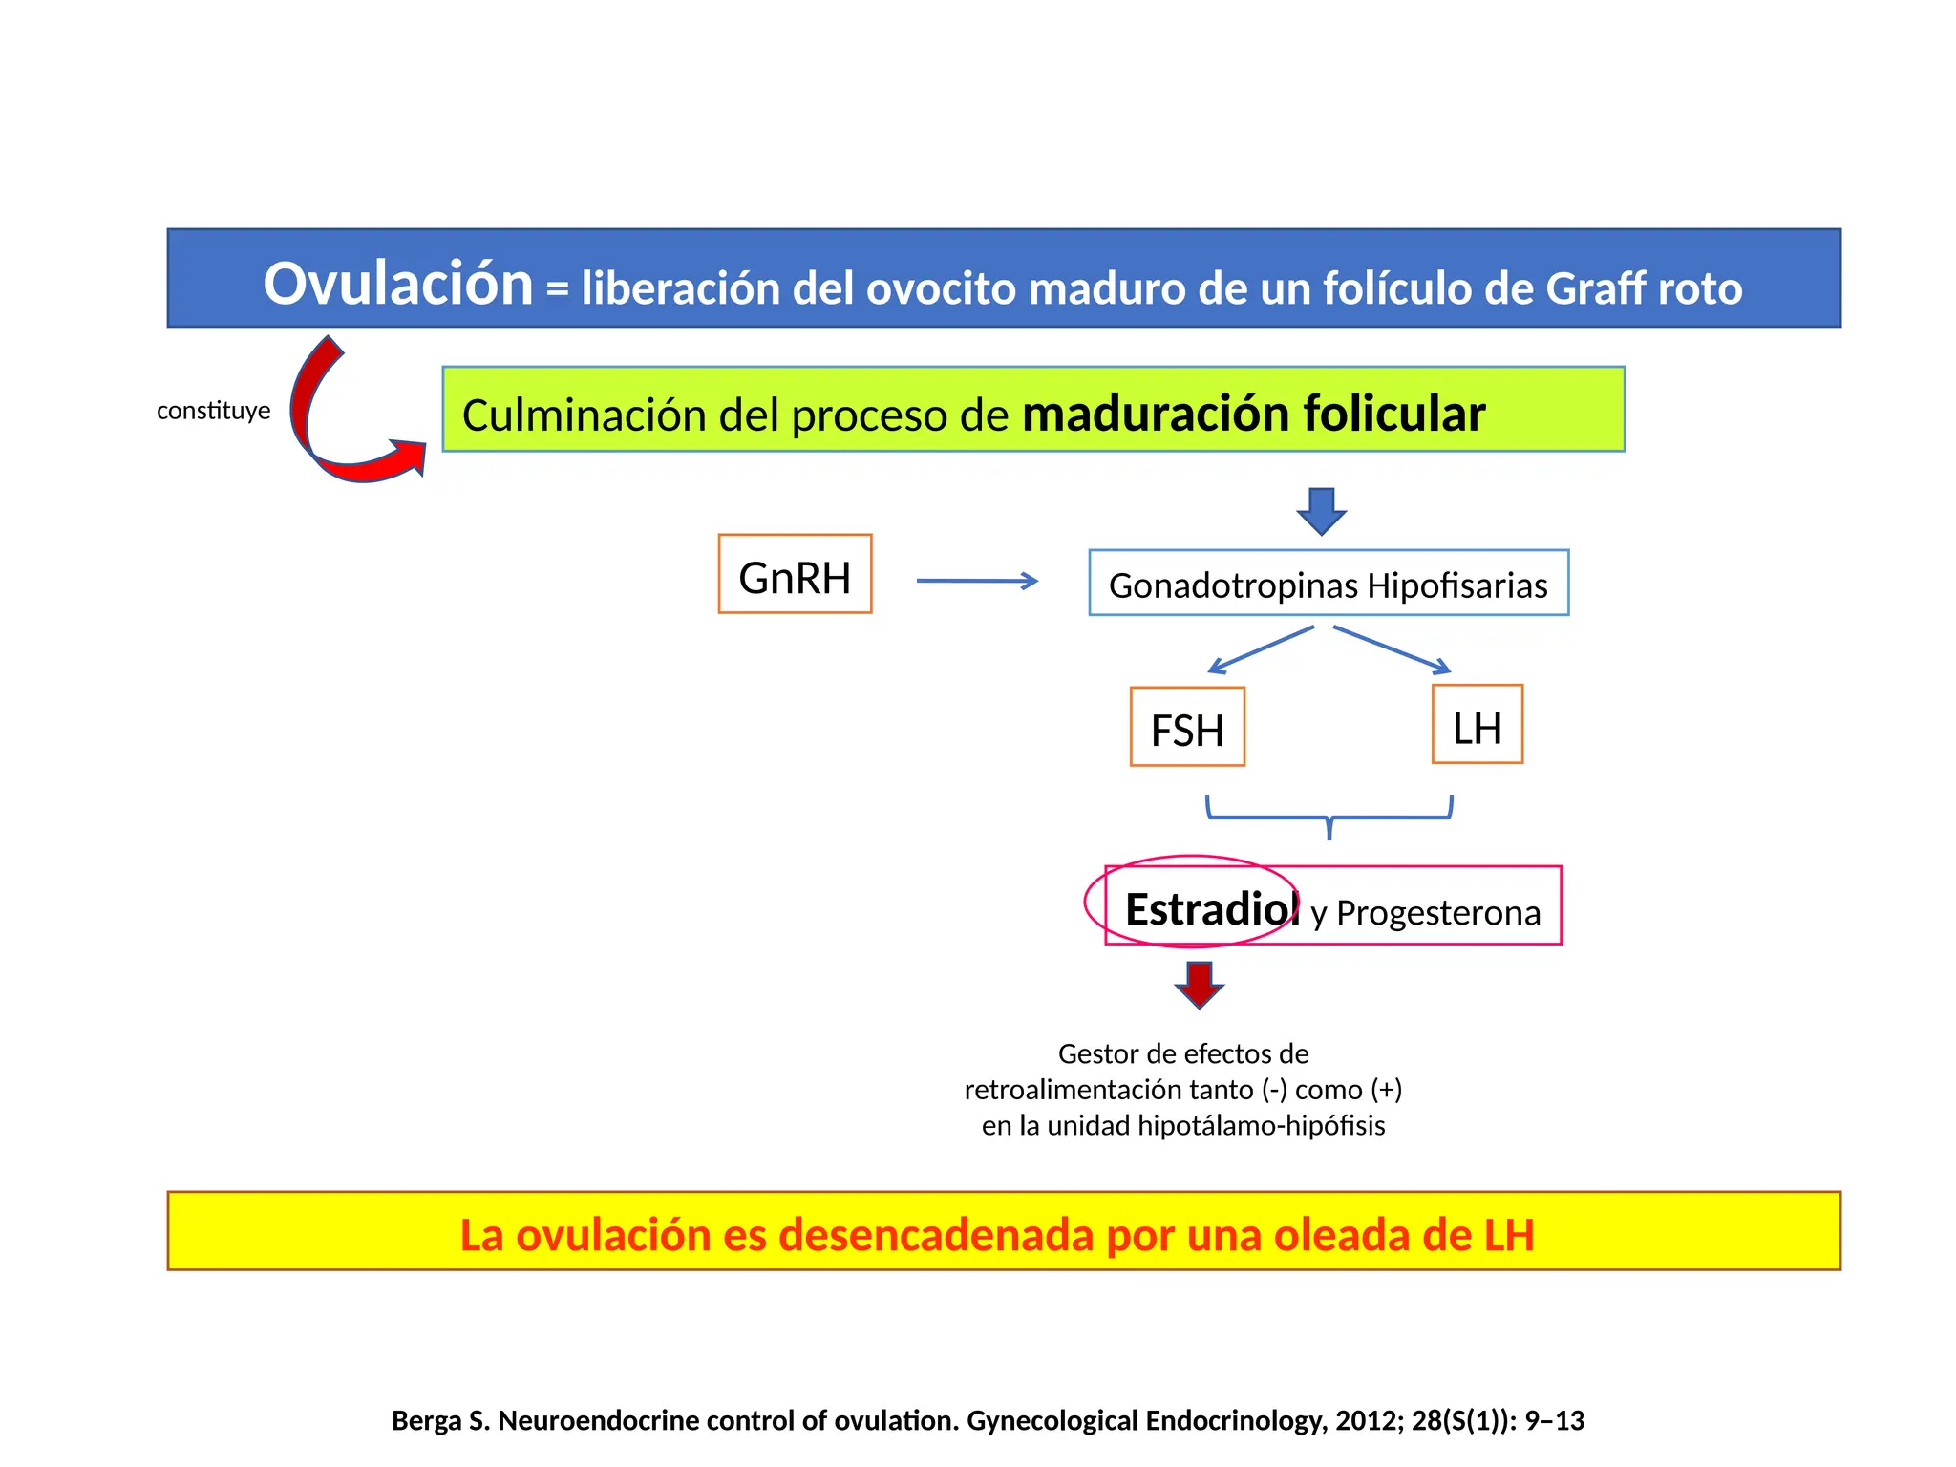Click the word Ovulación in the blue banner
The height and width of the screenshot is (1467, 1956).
(397, 284)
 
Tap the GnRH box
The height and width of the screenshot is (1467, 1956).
(795, 575)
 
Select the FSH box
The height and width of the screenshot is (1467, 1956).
(1187, 728)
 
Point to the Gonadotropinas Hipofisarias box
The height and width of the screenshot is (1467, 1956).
(1328, 584)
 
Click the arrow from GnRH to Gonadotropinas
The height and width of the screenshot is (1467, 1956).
(976, 581)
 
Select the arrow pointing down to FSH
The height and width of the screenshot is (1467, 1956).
(1261, 650)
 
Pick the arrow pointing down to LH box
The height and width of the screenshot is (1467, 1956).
(1392, 649)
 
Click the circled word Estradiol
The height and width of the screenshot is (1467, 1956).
(1210, 908)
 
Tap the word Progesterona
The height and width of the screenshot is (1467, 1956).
(1437, 913)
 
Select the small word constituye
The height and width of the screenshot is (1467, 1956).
(213, 411)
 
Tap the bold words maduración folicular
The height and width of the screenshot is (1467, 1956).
(1252, 414)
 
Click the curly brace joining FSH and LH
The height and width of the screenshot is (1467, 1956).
(1329, 817)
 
